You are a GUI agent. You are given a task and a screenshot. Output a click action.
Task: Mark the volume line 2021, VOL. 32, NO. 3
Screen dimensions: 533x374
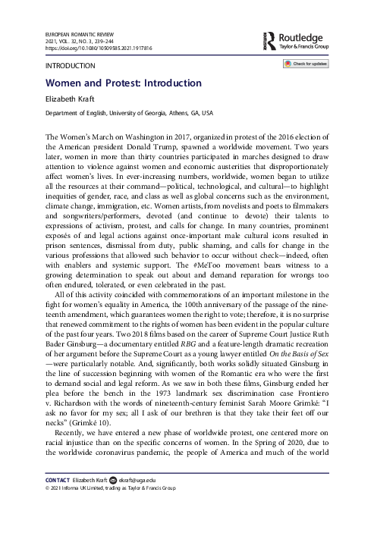72,41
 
